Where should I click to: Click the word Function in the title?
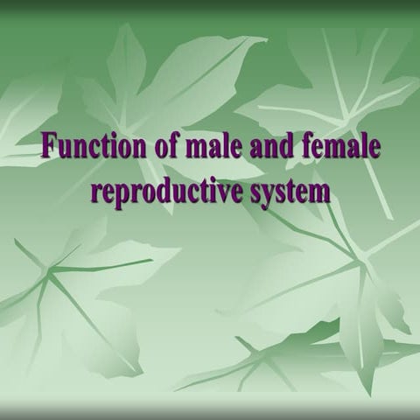tap(85, 146)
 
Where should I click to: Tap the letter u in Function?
tap(63, 148)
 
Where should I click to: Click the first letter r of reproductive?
tap(95, 192)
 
